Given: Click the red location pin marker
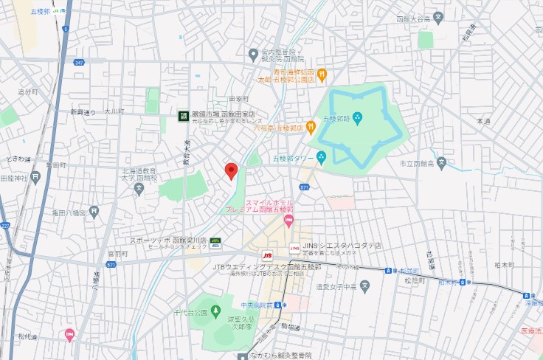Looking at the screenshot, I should [x=231, y=170].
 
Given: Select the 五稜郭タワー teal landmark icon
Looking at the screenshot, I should [x=321, y=156].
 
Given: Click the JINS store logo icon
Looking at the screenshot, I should [x=295, y=247].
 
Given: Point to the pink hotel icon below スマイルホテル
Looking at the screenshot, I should [x=288, y=219].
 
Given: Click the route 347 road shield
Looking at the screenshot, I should [x=79, y=64].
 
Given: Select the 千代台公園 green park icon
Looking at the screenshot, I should [x=215, y=312].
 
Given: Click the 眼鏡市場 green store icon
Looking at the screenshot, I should [x=182, y=115].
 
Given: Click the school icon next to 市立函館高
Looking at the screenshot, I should [x=441, y=163].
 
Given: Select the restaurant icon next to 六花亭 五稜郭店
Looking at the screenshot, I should [x=311, y=127].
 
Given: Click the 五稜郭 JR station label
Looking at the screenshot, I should [x=41, y=12].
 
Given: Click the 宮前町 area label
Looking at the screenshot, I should [x=116, y=254].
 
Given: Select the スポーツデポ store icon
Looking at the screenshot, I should [x=215, y=240].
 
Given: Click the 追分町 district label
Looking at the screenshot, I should [x=27, y=91].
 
